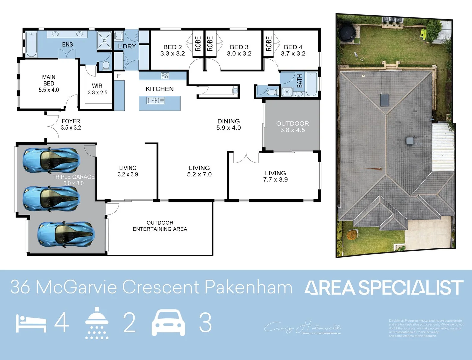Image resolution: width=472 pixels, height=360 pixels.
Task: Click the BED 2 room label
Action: click(172, 50)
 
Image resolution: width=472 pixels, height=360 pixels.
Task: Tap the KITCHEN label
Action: click(160, 89)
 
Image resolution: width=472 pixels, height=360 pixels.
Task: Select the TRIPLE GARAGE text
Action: click(73, 177)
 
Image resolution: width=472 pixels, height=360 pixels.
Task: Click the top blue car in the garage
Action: click(51, 161)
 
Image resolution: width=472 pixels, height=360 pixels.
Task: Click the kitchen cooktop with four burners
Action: click(165, 76)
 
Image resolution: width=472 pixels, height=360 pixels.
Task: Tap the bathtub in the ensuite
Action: click(31, 44)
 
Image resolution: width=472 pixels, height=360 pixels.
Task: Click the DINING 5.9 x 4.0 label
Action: click(229, 124)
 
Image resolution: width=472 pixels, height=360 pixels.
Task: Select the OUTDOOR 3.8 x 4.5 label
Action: click(292, 127)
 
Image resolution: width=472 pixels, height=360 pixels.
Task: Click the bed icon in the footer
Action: click(31, 323)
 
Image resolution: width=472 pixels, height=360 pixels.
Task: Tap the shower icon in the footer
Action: click(97, 323)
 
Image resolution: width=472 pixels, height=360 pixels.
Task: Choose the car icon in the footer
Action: click(168, 323)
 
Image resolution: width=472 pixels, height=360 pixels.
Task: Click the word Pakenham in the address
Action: click(248, 287)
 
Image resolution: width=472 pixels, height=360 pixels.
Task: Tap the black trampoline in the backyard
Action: click(347, 32)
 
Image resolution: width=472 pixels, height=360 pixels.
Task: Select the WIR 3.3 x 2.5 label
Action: click(97, 89)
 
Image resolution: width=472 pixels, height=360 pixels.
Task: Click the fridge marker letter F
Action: click(119, 76)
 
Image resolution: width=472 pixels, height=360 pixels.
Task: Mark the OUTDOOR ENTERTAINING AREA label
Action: click(160, 226)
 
